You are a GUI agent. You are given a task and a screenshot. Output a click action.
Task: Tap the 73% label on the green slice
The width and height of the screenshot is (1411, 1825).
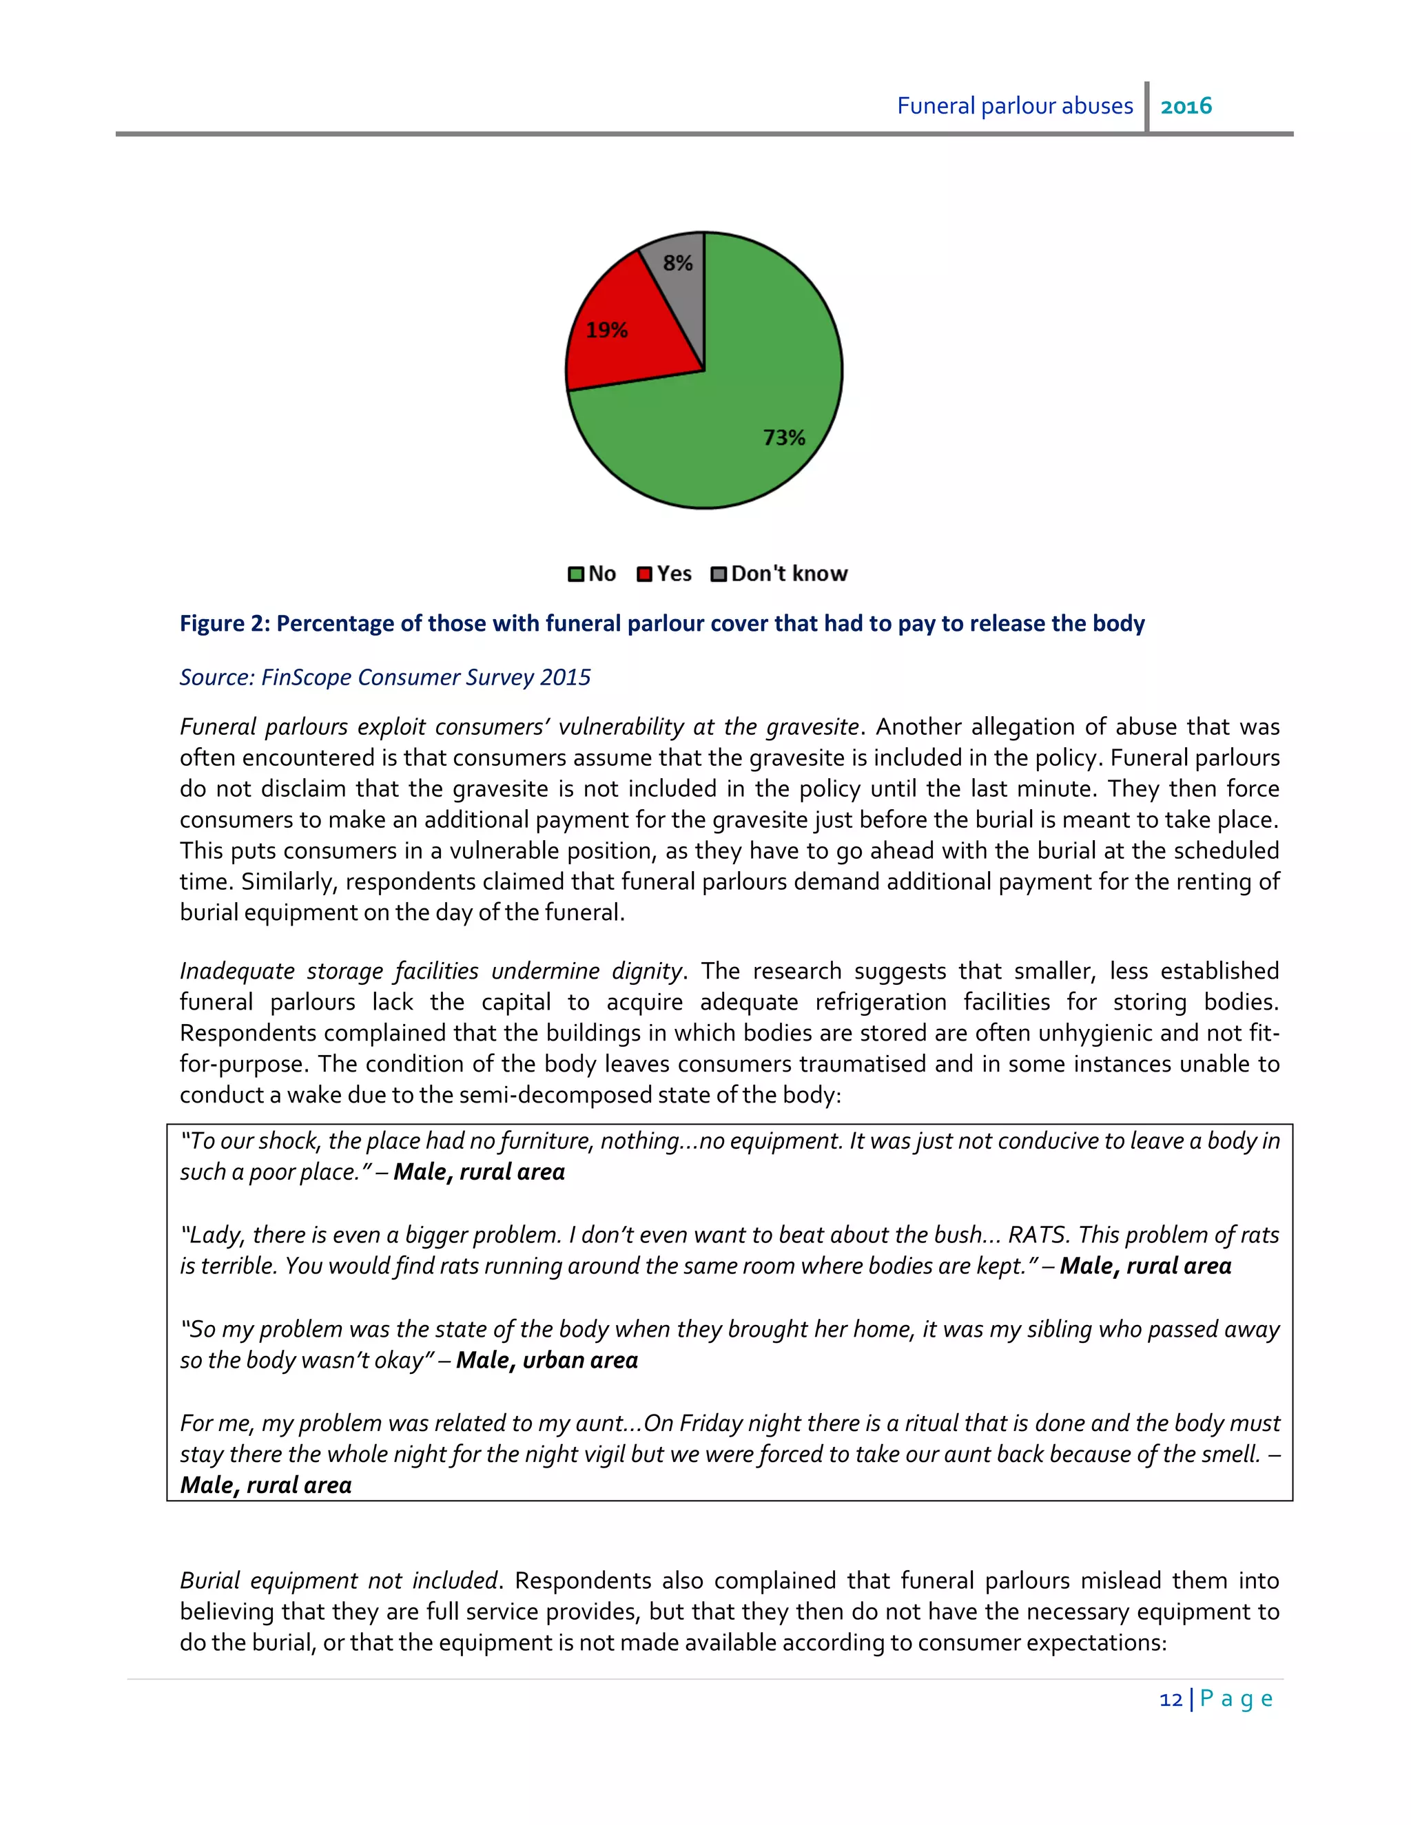(x=783, y=438)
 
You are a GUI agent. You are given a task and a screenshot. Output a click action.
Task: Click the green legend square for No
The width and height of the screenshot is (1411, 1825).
(x=576, y=574)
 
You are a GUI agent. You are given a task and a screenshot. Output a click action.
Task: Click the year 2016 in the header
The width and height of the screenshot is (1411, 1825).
(x=1186, y=106)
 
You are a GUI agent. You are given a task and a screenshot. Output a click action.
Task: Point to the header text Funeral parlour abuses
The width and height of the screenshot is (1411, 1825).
(x=1015, y=106)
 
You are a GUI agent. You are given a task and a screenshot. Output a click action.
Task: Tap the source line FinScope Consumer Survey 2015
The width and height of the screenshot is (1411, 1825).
(x=426, y=677)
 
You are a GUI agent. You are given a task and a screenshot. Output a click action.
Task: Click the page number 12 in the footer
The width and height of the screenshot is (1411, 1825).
(x=1171, y=1699)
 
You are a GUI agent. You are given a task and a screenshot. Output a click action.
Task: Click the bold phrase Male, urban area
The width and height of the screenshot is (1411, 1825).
(x=546, y=1360)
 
